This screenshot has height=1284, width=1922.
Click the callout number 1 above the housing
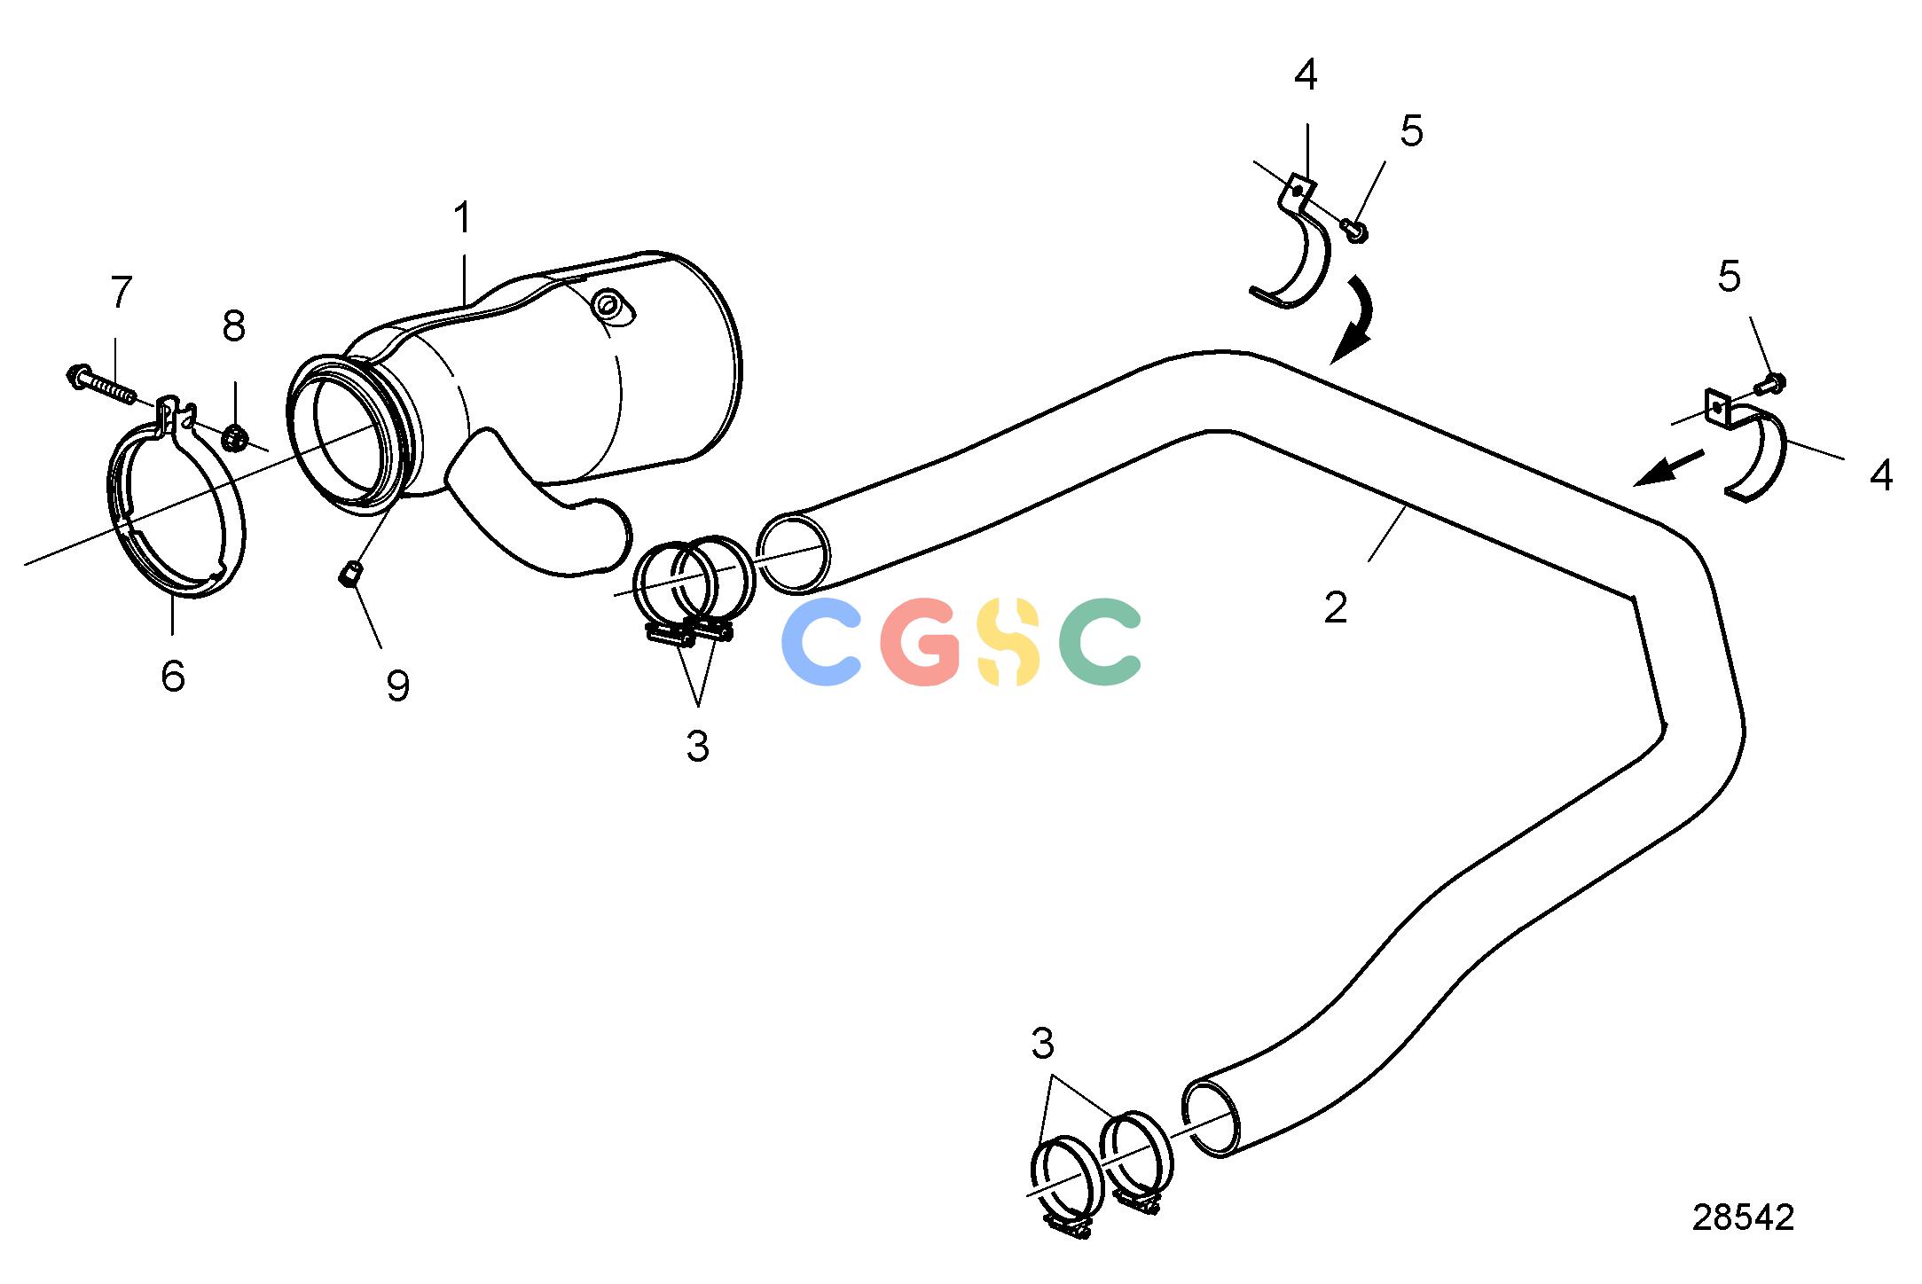click(462, 218)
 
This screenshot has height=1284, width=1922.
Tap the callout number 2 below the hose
click(1336, 608)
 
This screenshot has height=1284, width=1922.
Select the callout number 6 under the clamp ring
click(173, 676)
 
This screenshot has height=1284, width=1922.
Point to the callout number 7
click(121, 292)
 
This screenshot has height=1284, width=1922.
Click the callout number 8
click(233, 326)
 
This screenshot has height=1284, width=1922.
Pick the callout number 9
click(398, 685)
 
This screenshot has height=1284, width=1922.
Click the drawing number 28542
click(1743, 1217)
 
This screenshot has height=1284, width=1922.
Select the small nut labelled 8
click(234, 436)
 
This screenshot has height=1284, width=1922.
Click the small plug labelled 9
click(349, 575)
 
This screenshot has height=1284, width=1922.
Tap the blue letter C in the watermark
click(821, 642)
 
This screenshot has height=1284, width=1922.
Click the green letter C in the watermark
click(1100, 642)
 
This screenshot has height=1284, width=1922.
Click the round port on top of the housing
click(608, 306)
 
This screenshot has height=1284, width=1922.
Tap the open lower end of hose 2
click(1212, 1119)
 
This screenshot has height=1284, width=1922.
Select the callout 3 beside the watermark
click(698, 747)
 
